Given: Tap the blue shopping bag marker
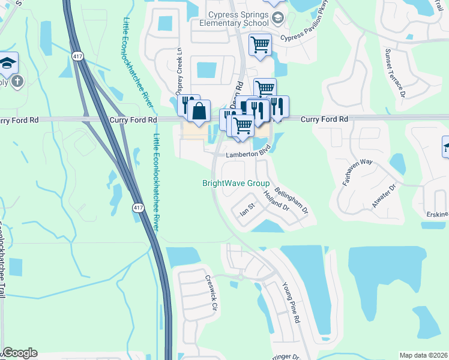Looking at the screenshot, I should pos(199,112).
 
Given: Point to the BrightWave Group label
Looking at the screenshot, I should pos(235,184).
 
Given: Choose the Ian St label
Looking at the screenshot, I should pos(248,210).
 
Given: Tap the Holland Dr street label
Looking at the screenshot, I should pos(277,200).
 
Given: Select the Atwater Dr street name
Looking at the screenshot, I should pos(384,196).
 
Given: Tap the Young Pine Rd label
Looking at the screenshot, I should pos(290,304).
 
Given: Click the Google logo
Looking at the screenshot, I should pos(19,353).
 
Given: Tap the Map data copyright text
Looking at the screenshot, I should pos(423,355).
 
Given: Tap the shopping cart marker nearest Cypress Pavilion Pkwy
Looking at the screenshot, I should pos(260,44).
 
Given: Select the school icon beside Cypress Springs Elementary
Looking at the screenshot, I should pos(277,18).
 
